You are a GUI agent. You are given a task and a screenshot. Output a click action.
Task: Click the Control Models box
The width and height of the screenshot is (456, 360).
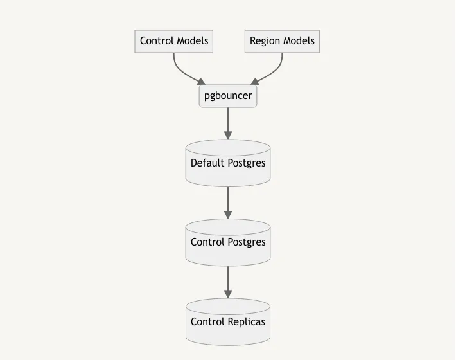tap(174, 41)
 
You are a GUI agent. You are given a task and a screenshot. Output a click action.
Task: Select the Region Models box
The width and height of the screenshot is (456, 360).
tap(282, 41)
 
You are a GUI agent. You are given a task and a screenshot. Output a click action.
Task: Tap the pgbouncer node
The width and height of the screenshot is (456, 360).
tap(228, 96)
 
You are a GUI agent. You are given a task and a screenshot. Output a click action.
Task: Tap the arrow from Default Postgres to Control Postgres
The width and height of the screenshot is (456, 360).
tap(228, 202)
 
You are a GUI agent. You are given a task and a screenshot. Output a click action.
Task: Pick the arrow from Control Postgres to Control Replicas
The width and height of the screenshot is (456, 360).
tap(228, 281)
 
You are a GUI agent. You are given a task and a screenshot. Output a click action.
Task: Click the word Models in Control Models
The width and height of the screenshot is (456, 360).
tap(192, 41)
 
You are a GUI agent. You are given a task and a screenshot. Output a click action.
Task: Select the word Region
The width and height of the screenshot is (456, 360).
tap(265, 41)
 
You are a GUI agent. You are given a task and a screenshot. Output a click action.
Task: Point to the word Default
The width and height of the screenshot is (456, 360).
tap(207, 163)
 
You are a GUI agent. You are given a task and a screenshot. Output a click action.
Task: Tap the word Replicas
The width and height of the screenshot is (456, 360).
tap(247, 321)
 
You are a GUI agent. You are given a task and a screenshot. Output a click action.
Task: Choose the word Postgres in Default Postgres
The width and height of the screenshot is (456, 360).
tap(247, 163)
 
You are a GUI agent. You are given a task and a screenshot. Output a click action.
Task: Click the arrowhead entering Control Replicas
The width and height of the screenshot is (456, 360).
tap(228, 294)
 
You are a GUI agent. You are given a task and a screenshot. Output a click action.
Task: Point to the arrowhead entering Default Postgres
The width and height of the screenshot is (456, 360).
tap(228, 135)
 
